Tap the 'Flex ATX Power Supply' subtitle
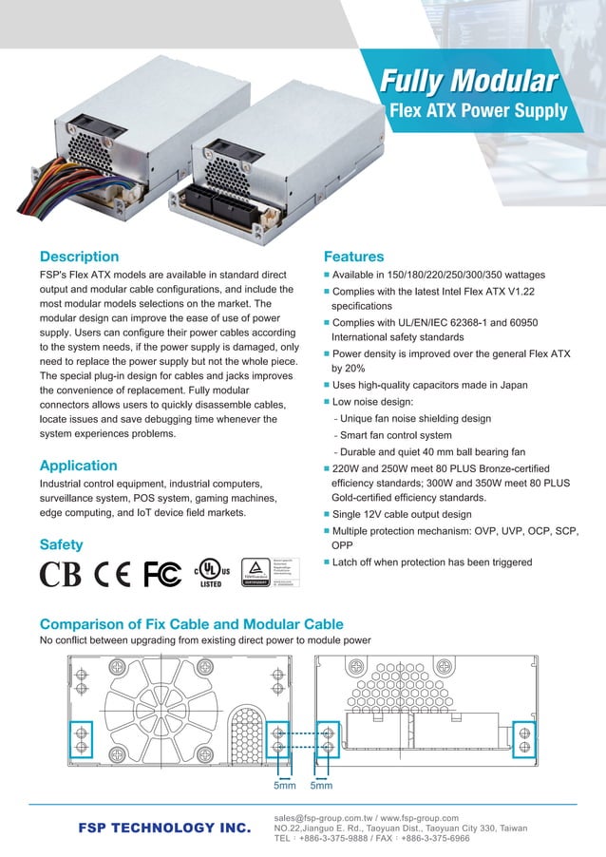pyautogui.click(x=479, y=111)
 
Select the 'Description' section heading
pyautogui.click(x=79, y=257)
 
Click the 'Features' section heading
pyautogui.click(x=353, y=257)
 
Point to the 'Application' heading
pyautogui.click(x=78, y=466)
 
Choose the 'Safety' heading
pyautogui.click(x=61, y=544)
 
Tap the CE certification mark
pyautogui.click(x=113, y=575)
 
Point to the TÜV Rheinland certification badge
pyautogui.click(x=271, y=573)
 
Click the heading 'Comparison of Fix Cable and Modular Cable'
pyautogui.click(x=191, y=624)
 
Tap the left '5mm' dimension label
pyautogui.click(x=284, y=786)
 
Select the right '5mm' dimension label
pyautogui.click(x=322, y=786)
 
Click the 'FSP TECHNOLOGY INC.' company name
pyautogui.click(x=164, y=828)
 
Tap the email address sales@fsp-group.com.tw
pyautogui.click(x=322, y=817)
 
